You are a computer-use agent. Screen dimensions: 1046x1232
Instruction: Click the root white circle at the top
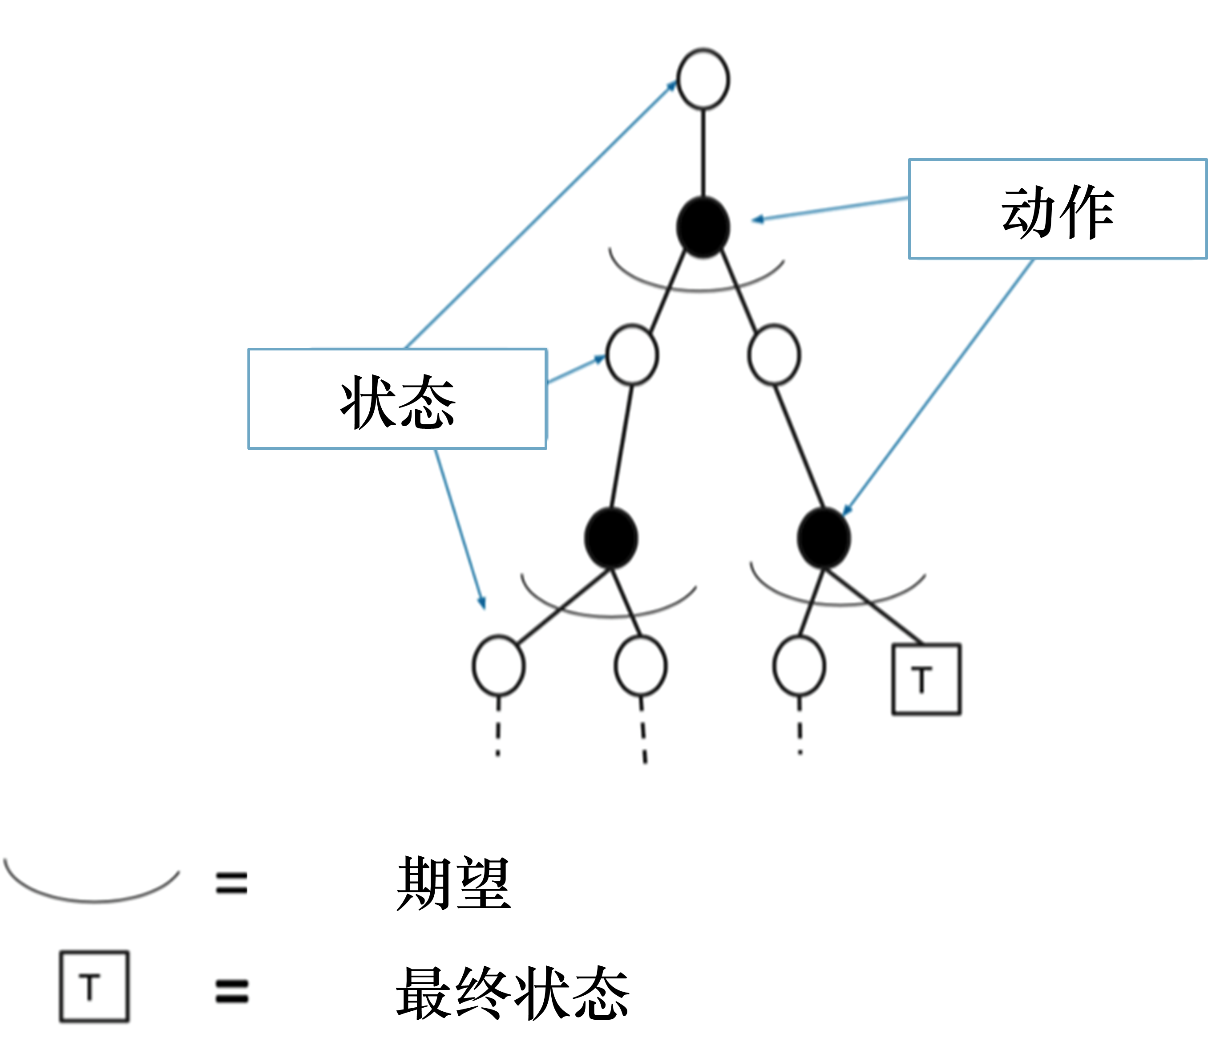click(703, 79)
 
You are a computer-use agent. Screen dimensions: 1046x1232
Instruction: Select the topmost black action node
click(703, 228)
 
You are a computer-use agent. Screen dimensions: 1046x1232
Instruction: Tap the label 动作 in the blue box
click(1057, 211)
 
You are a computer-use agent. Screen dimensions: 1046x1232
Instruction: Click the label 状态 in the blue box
click(397, 402)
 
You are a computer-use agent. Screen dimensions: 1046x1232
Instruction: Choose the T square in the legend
click(93, 987)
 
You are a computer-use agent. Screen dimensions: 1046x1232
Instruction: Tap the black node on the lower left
click(611, 538)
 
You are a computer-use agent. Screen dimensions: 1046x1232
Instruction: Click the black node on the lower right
click(824, 538)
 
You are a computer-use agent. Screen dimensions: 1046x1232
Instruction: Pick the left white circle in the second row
click(632, 354)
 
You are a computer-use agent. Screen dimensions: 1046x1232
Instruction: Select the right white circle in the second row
click(774, 354)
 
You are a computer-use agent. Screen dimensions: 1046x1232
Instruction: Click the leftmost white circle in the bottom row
click(498, 665)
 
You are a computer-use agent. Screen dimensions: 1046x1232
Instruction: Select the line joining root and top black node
click(703, 153)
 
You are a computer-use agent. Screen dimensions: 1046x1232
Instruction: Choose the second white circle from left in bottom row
click(641, 665)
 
